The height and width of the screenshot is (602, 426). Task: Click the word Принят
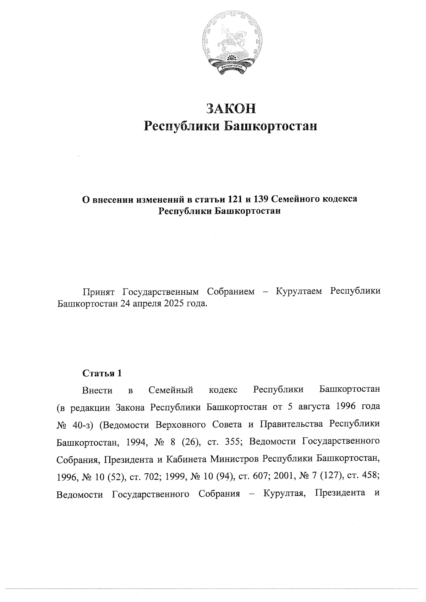click(x=98, y=292)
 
